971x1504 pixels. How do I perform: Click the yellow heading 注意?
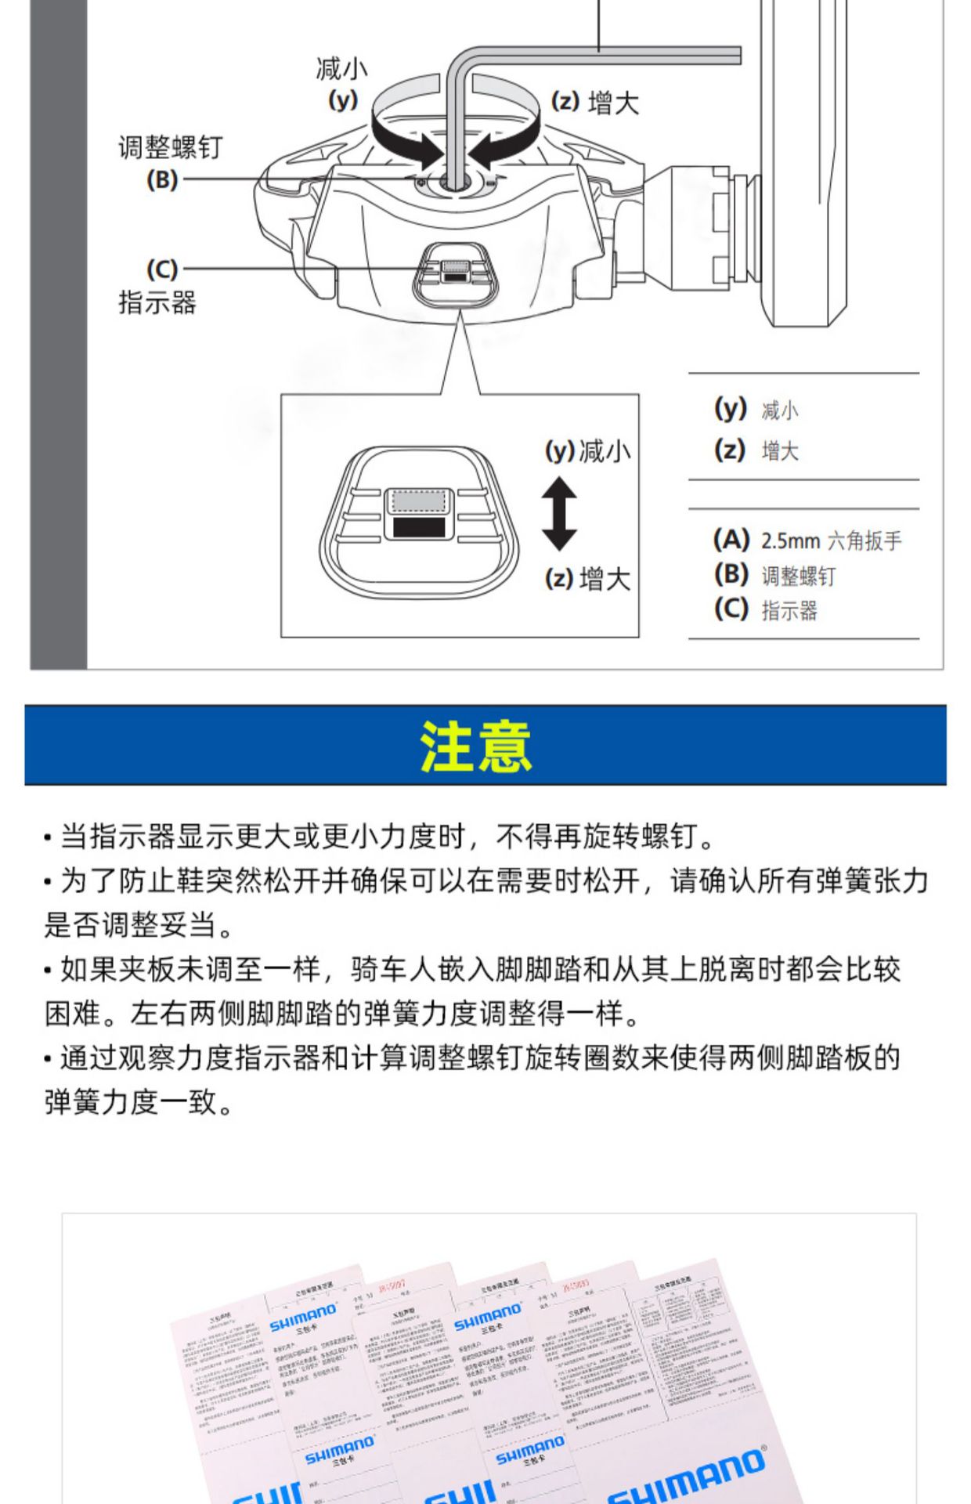tap(476, 747)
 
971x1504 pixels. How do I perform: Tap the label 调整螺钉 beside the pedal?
tap(170, 147)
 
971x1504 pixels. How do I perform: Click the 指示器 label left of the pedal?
tap(157, 302)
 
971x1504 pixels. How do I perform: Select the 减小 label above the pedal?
tap(341, 69)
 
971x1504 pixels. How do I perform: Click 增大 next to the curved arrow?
tap(613, 103)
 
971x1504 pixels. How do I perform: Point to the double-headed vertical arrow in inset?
tap(559, 514)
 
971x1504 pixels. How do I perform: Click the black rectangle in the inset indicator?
tap(418, 526)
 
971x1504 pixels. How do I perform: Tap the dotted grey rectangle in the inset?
tap(418, 501)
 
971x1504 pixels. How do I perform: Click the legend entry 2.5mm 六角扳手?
tap(830, 540)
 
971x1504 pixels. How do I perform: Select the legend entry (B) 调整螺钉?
tap(775, 576)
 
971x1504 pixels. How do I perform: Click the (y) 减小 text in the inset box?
tap(587, 451)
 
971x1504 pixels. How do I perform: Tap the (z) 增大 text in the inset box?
tap(587, 579)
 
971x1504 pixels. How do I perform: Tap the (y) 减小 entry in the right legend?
tap(756, 410)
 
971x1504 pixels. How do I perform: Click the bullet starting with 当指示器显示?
tap(384, 837)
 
